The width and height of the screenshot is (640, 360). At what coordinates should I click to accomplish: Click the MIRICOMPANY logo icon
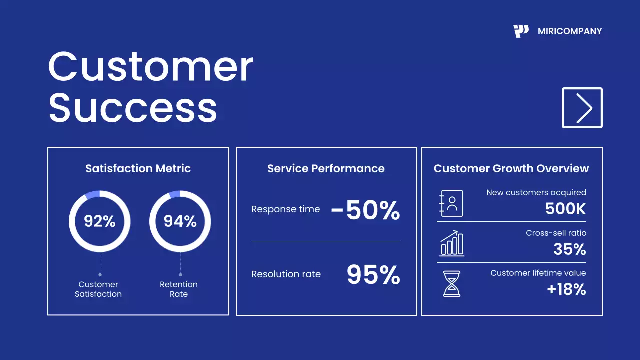click(521, 31)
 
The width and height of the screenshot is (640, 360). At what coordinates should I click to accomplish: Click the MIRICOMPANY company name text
click(570, 31)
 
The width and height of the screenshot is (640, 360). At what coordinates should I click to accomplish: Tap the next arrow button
click(582, 108)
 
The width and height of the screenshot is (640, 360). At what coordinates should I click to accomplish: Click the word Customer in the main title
click(150, 67)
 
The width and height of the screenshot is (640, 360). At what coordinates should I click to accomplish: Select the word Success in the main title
click(133, 108)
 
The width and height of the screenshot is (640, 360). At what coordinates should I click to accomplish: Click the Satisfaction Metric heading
click(138, 169)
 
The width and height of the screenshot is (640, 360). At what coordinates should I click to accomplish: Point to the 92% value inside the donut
click(99, 221)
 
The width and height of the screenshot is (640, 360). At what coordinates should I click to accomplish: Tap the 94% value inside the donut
click(180, 221)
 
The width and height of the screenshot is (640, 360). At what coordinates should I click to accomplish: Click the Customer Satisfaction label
click(98, 289)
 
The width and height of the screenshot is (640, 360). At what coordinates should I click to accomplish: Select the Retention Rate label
click(179, 289)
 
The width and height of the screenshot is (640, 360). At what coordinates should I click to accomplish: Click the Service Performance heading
click(326, 169)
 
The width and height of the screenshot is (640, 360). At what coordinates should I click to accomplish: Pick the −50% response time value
click(366, 210)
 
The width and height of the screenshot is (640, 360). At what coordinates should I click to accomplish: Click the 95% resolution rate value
click(373, 274)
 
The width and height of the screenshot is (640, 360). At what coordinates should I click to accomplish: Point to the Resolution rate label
click(286, 274)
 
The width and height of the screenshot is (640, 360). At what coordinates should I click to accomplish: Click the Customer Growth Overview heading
click(511, 169)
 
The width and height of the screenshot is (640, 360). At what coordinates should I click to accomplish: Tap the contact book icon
click(451, 203)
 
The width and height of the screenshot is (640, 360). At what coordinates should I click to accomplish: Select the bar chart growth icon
click(452, 243)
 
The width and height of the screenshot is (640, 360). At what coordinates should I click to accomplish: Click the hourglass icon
click(452, 284)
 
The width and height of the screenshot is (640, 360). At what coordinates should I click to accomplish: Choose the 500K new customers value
click(565, 209)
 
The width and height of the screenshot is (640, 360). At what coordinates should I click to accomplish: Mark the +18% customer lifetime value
click(566, 289)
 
